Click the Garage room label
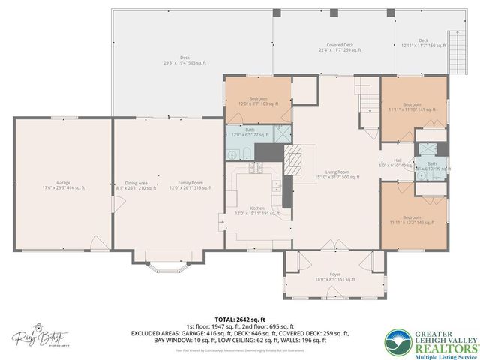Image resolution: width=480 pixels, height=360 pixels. tap(63, 185)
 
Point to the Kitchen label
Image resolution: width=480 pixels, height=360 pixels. tap(257, 211)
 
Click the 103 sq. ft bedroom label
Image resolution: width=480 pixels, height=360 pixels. tap(258, 101)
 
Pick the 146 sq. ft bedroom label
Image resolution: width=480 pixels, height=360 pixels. tap(412, 220)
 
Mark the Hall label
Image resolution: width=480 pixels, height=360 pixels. tap(397, 162)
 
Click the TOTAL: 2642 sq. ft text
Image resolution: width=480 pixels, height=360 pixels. tap(240, 319)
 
